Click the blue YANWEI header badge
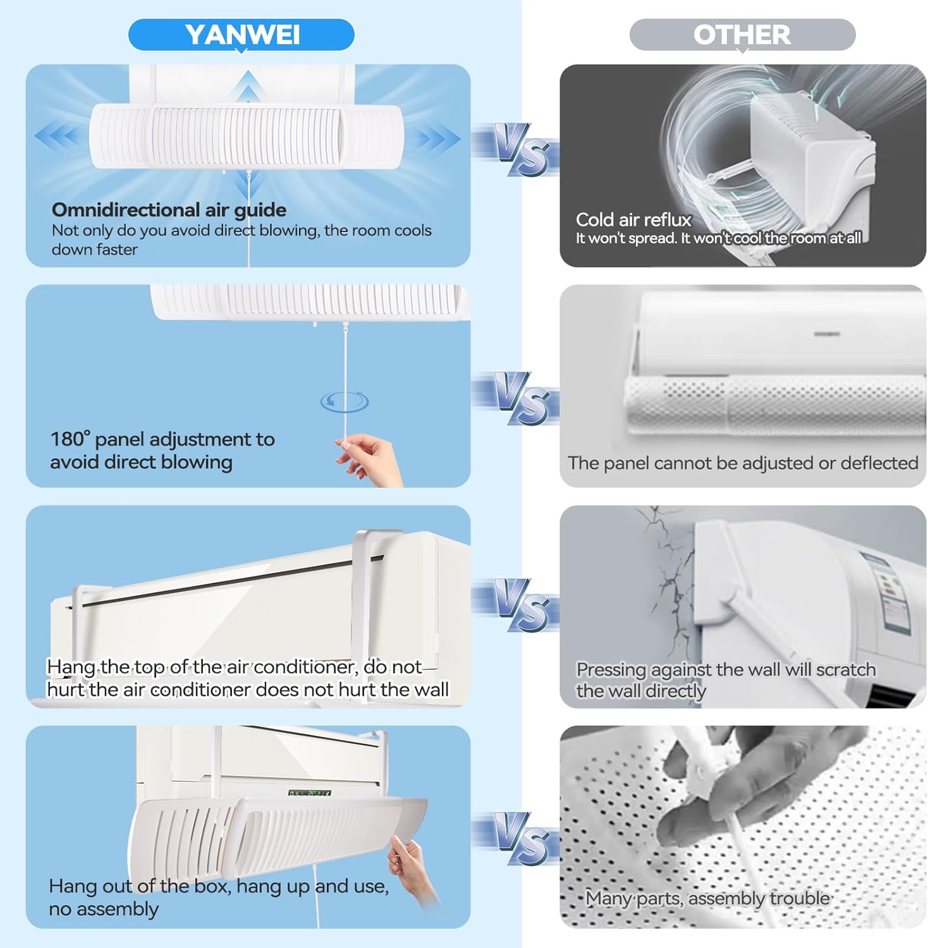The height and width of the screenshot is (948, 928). click(x=241, y=35)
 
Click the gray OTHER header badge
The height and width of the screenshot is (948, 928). click(x=742, y=35)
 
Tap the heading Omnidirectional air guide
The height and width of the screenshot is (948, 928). click(x=169, y=210)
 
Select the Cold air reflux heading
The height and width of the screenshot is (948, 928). click(x=633, y=219)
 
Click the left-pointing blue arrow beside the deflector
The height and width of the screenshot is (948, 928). click(x=57, y=135)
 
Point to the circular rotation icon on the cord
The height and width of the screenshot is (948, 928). click(x=344, y=401)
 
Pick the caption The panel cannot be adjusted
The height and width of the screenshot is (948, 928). click(x=743, y=463)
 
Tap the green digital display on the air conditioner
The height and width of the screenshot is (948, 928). click(x=309, y=793)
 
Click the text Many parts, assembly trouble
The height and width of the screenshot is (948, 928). click(x=707, y=898)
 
